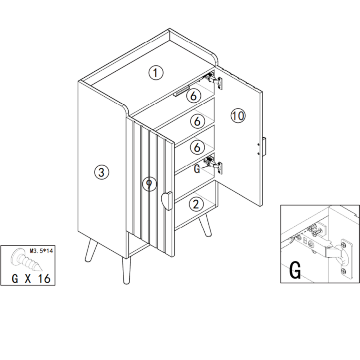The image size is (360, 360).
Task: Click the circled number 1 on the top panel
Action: click(x=156, y=73)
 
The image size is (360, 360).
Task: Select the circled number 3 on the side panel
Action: click(x=102, y=172)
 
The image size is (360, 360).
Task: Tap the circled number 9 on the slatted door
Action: click(x=149, y=184)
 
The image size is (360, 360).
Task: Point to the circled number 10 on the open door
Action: click(x=238, y=116)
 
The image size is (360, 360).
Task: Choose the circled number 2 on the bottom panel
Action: click(x=196, y=204)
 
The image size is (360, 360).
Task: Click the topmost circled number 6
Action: click(x=193, y=95)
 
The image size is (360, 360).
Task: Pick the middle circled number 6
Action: click(x=197, y=121)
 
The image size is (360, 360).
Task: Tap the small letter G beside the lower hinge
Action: click(x=197, y=169)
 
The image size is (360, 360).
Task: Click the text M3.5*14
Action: click(x=41, y=251)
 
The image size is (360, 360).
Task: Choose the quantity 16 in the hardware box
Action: click(x=44, y=278)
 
